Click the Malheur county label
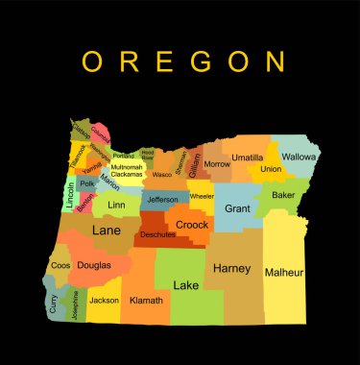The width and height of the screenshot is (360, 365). click(x=285, y=272)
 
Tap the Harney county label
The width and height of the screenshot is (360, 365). click(x=231, y=268)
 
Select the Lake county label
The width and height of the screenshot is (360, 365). click(x=185, y=284)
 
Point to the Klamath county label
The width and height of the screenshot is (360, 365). click(x=146, y=299)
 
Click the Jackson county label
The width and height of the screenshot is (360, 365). click(x=104, y=300)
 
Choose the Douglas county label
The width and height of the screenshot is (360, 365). click(x=94, y=264)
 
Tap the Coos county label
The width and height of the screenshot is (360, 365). click(x=60, y=264)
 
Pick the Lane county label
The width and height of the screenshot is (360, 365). click(x=106, y=231)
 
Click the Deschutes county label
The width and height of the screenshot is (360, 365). click(x=157, y=233)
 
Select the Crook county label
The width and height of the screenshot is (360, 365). click(x=192, y=224)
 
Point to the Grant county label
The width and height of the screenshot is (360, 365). click(x=237, y=207)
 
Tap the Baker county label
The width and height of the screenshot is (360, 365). click(x=283, y=195)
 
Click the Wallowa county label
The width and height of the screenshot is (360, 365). click(x=300, y=156)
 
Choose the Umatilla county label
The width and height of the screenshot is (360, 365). click(x=248, y=157)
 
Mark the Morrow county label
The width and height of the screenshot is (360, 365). click(x=217, y=164)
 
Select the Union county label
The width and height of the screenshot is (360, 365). click(x=271, y=169)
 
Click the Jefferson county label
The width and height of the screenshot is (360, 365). click(x=162, y=200)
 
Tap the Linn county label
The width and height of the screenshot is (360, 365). click(x=117, y=205)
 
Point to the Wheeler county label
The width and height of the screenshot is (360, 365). click(x=202, y=196)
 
